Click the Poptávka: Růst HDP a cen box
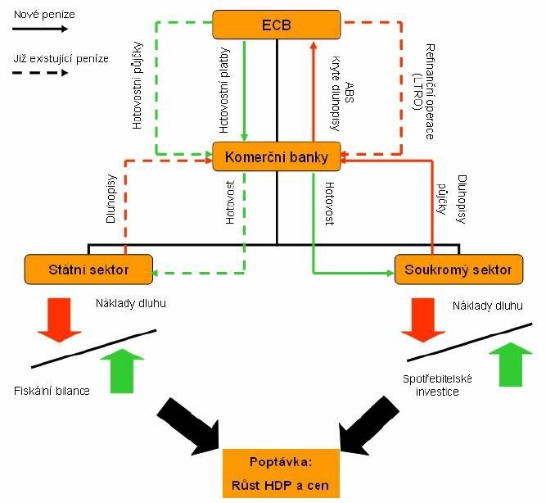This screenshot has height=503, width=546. point(277,474)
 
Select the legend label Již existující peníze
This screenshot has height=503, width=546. point(60,57)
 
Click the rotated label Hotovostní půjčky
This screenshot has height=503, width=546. point(137,85)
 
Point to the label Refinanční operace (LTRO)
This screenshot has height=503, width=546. point(423,89)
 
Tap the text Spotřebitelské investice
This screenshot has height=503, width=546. point(433,386)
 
